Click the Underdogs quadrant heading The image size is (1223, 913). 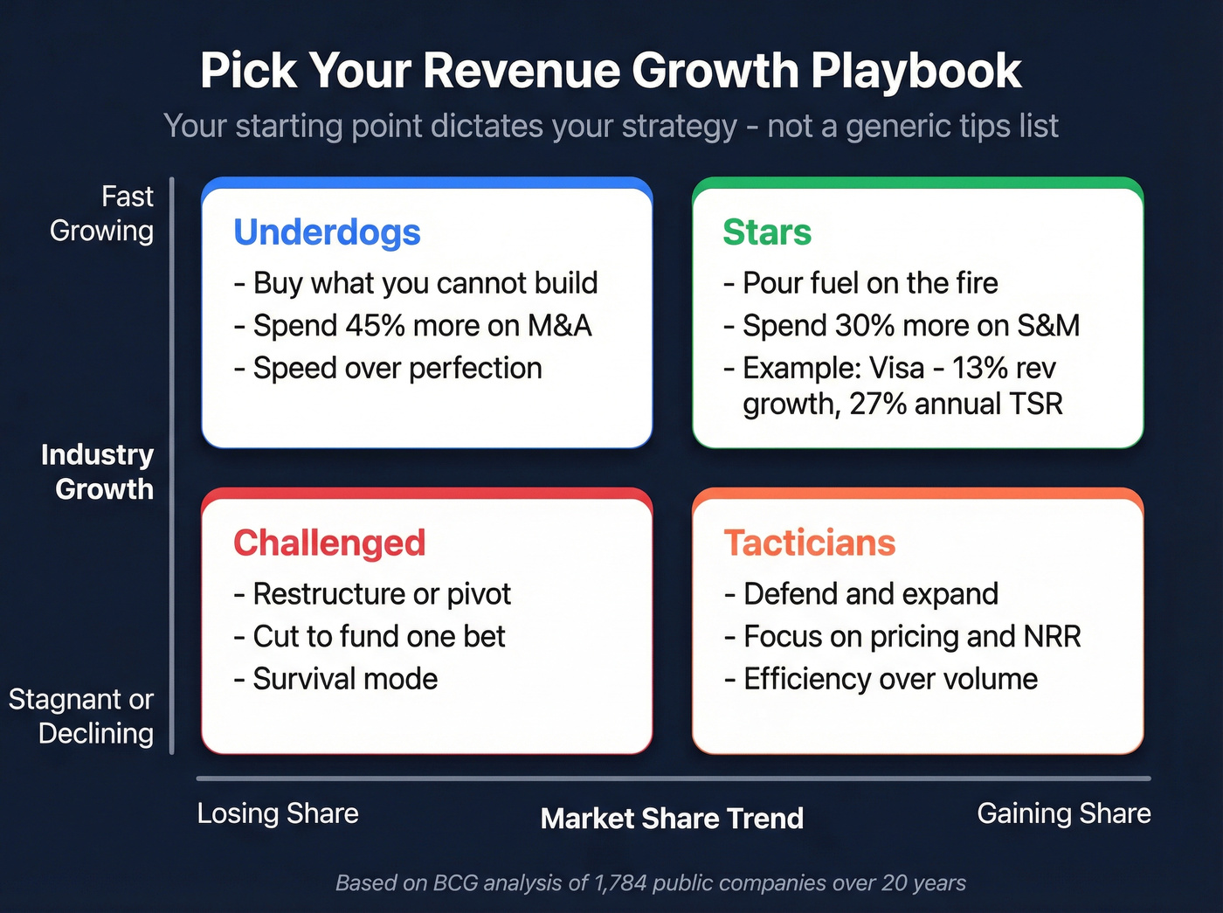(327, 232)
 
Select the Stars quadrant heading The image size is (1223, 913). (767, 232)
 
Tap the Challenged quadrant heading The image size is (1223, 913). (329, 543)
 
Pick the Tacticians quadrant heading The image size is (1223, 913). (810, 543)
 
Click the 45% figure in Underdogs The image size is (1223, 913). (376, 326)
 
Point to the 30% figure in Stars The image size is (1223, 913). (865, 326)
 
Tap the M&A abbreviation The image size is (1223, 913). (559, 326)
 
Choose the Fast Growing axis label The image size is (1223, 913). (102, 213)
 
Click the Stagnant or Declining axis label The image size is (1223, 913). (82, 716)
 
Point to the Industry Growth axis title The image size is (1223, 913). (98, 472)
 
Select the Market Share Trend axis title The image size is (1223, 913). (672, 819)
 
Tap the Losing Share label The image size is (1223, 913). (278, 813)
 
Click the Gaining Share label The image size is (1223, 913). (1063, 813)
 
